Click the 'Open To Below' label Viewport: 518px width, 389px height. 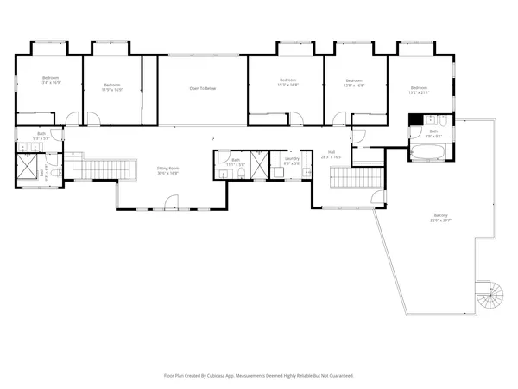[203, 88]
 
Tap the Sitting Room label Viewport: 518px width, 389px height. [167, 170]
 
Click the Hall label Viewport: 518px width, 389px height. [332, 156]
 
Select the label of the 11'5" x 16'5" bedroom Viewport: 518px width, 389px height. [112, 86]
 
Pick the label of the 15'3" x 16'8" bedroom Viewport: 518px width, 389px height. [287, 83]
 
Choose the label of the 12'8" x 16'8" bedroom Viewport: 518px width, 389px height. [354, 83]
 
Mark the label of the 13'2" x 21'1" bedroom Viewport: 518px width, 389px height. [419, 90]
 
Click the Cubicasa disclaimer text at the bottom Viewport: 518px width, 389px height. [259, 376]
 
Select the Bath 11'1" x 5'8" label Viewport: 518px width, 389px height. [236, 162]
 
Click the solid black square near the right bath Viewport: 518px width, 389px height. [414, 120]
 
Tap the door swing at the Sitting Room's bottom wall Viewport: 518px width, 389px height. [172, 205]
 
